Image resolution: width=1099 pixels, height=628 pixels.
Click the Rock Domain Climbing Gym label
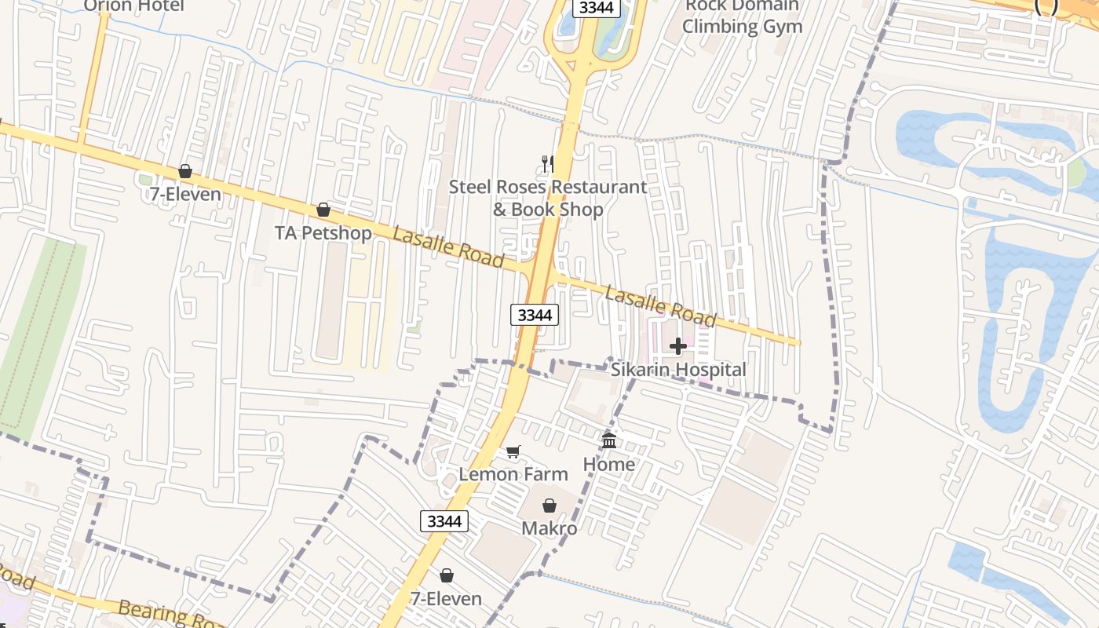tap(742, 16)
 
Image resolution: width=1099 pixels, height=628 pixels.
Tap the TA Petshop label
tap(323, 233)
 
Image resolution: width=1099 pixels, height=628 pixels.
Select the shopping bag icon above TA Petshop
tap(323, 210)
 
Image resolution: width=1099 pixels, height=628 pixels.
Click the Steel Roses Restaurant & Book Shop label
tap(548, 198)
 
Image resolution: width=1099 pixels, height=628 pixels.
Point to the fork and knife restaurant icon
tap(548, 164)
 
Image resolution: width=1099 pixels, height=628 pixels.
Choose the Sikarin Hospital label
tap(678, 369)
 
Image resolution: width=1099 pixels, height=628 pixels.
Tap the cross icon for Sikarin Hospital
tap(678, 345)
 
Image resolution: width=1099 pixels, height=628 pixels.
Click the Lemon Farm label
tap(513, 474)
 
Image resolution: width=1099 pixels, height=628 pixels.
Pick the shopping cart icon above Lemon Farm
tap(513, 451)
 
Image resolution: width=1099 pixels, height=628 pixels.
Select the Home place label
tap(608, 464)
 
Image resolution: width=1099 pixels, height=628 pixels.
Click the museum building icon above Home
tap(609, 440)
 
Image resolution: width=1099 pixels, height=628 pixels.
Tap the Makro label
tap(549, 528)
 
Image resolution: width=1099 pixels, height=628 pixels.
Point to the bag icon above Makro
tap(549, 506)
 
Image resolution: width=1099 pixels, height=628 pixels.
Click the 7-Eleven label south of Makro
tap(446, 599)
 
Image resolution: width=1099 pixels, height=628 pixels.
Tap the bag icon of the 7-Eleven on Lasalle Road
tap(185, 170)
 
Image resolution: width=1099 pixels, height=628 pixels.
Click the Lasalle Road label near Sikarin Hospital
tap(660, 306)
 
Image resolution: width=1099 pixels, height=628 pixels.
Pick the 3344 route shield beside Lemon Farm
tap(444, 520)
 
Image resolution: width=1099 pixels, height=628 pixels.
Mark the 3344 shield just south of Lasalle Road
tap(535, 315)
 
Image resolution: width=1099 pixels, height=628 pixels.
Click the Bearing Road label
tap(169, 614)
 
